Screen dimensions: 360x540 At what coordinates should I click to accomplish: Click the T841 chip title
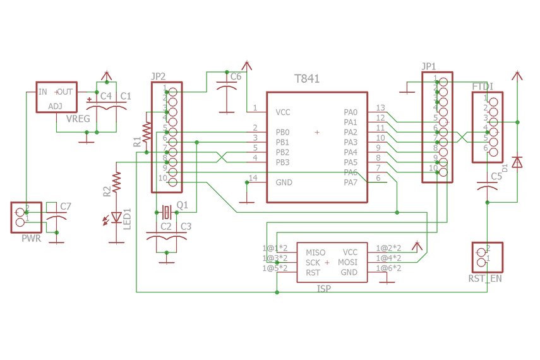tap(307, 80)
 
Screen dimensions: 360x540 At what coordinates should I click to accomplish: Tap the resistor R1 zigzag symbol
tap(147, 132)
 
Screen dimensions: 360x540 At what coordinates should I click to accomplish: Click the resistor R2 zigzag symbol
tap(116, 182)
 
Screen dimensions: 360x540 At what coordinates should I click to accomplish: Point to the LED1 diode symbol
tap(116, 218)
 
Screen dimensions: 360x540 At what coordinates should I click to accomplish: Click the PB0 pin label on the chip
tap(282, 133)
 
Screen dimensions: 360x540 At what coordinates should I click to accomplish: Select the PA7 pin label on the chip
tap(351, 183)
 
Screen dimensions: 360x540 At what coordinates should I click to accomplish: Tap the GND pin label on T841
tap(284, 183)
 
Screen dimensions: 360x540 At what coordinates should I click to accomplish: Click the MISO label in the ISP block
tap(315, 253)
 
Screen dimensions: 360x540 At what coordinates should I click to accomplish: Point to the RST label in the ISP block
tap(313, 273)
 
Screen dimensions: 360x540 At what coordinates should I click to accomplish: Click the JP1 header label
tap(429, 66)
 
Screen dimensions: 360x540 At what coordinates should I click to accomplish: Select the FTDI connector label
tap(483, 87)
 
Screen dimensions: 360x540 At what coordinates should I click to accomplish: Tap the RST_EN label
tap(485, 278)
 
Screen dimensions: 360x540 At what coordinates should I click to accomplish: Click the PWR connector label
tap(31, 239)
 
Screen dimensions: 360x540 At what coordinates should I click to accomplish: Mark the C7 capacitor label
tap(66, 207)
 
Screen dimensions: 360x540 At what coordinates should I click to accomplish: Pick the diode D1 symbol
tap(517, 162)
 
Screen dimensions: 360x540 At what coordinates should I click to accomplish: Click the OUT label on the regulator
tap(64, 92)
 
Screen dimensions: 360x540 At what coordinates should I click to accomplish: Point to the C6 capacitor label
tap(236, 76)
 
